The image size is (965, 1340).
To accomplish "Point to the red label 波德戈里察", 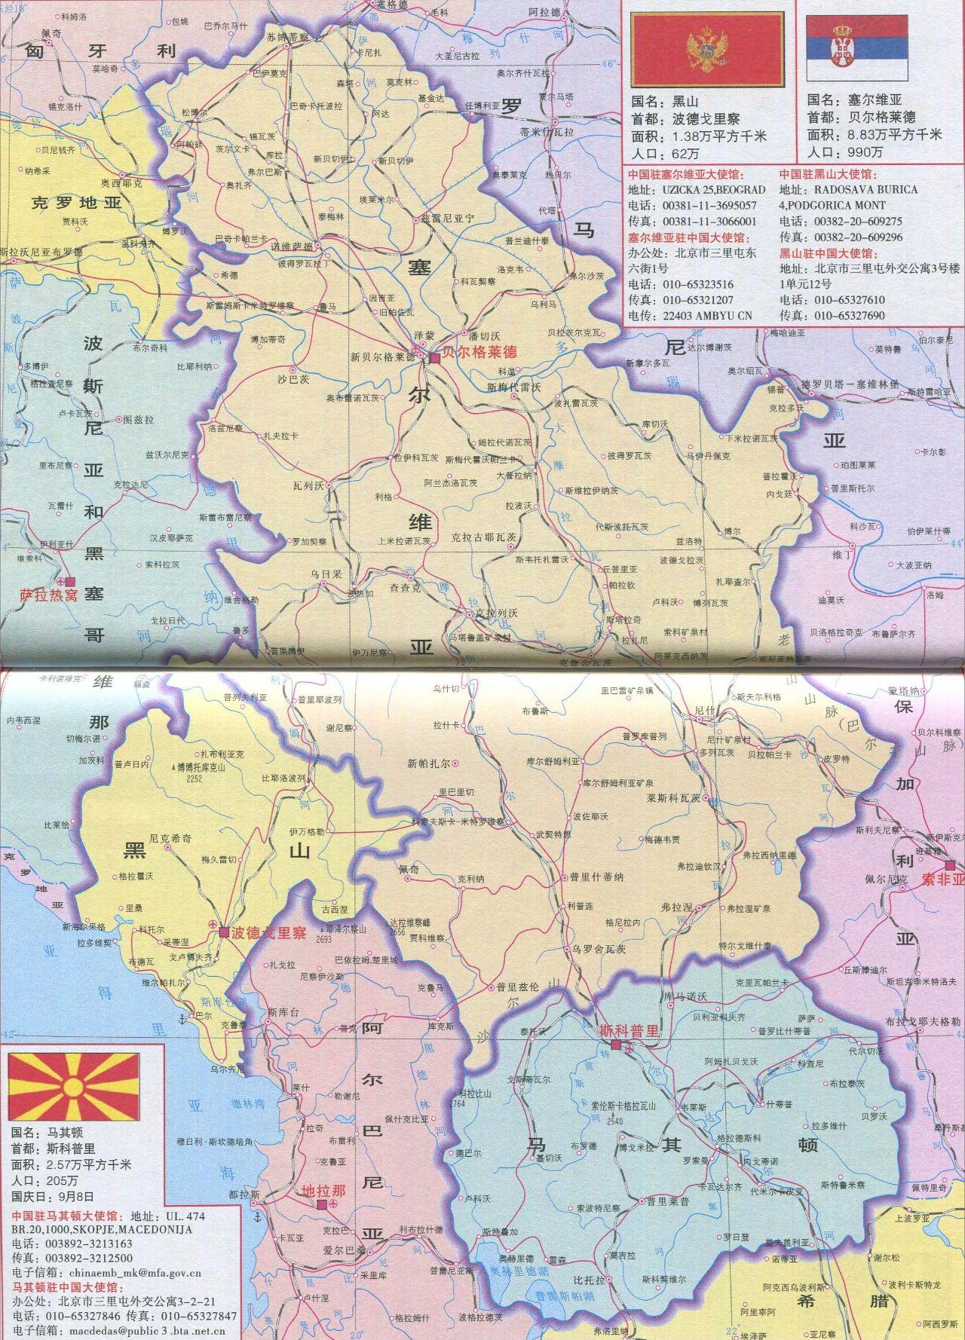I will [x=268, y=932].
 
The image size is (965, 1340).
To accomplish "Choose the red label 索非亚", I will [x=942, y=879].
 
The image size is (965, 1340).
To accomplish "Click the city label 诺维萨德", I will [x=294, y=246].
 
